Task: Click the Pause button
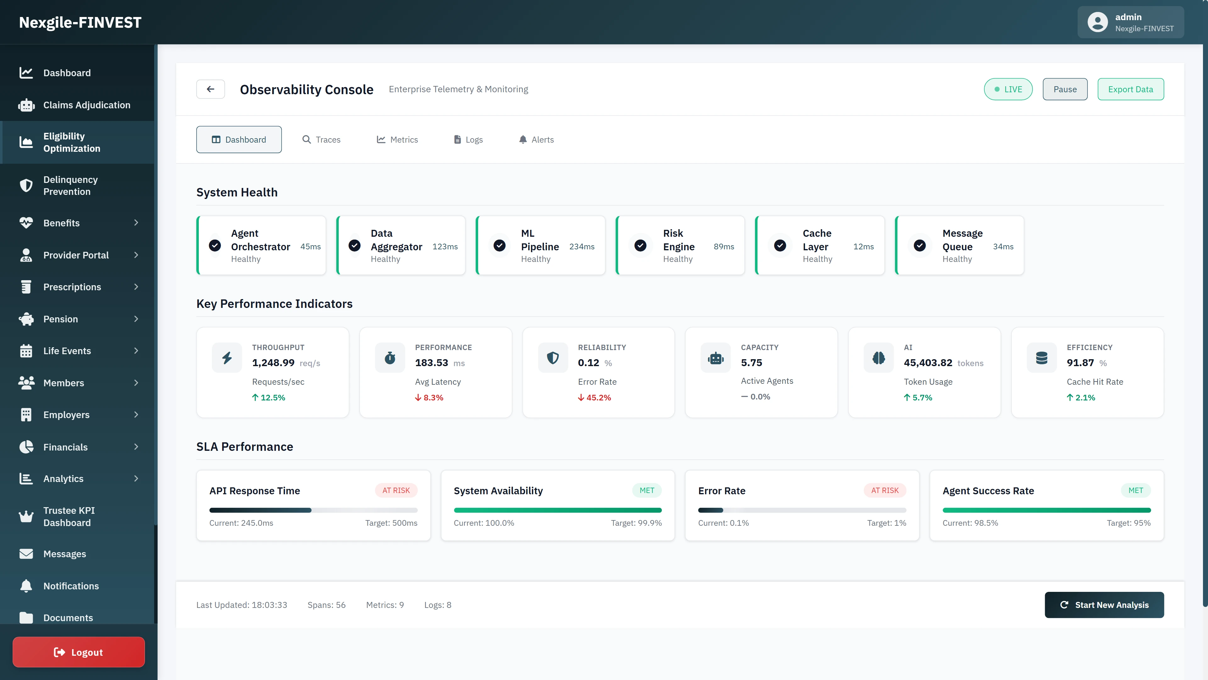point(1065,89)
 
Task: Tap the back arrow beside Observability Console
point(210,89)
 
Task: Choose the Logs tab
point(468,139)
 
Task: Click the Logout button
point(79,652)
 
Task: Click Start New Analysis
point(1104,605)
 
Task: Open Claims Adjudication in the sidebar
point(87,105)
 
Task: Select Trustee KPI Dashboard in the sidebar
point(69,516)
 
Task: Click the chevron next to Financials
point(136,447)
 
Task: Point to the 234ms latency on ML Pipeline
point(581,246)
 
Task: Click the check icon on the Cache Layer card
point(780,246)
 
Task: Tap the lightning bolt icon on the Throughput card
point(227,358)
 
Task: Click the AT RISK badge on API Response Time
point(396,490)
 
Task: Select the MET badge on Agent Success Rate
point(1135,490)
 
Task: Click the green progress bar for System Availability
point(557,510)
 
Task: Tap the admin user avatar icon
point(1097,22)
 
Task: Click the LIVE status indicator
point(1008,89)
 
